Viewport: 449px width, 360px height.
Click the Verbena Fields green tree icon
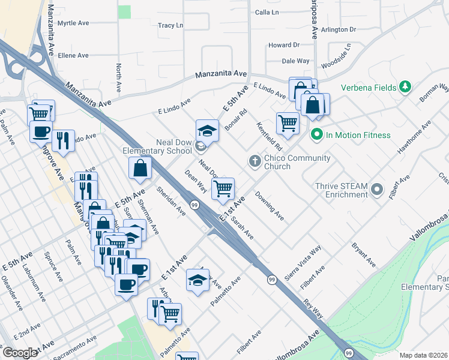[x=406, y=87]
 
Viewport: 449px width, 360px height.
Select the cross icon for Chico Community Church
[x=255, y=161]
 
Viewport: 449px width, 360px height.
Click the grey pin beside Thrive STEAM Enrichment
[x=377, y=190]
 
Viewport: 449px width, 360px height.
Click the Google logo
[x=20, y=353]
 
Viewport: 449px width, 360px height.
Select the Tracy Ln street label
[x=170, y=26]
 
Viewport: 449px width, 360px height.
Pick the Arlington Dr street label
[x=339, y=29]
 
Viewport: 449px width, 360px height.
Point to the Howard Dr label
[x=283, y=45]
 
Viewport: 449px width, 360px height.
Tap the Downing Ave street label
[x=269, y=205]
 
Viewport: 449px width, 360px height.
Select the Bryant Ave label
[x=364, y=255]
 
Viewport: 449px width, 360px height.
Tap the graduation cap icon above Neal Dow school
[x=206, y=130]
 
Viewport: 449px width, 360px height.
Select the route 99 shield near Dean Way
[x=194, y=205]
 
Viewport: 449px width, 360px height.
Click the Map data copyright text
[x=423, y=355]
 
